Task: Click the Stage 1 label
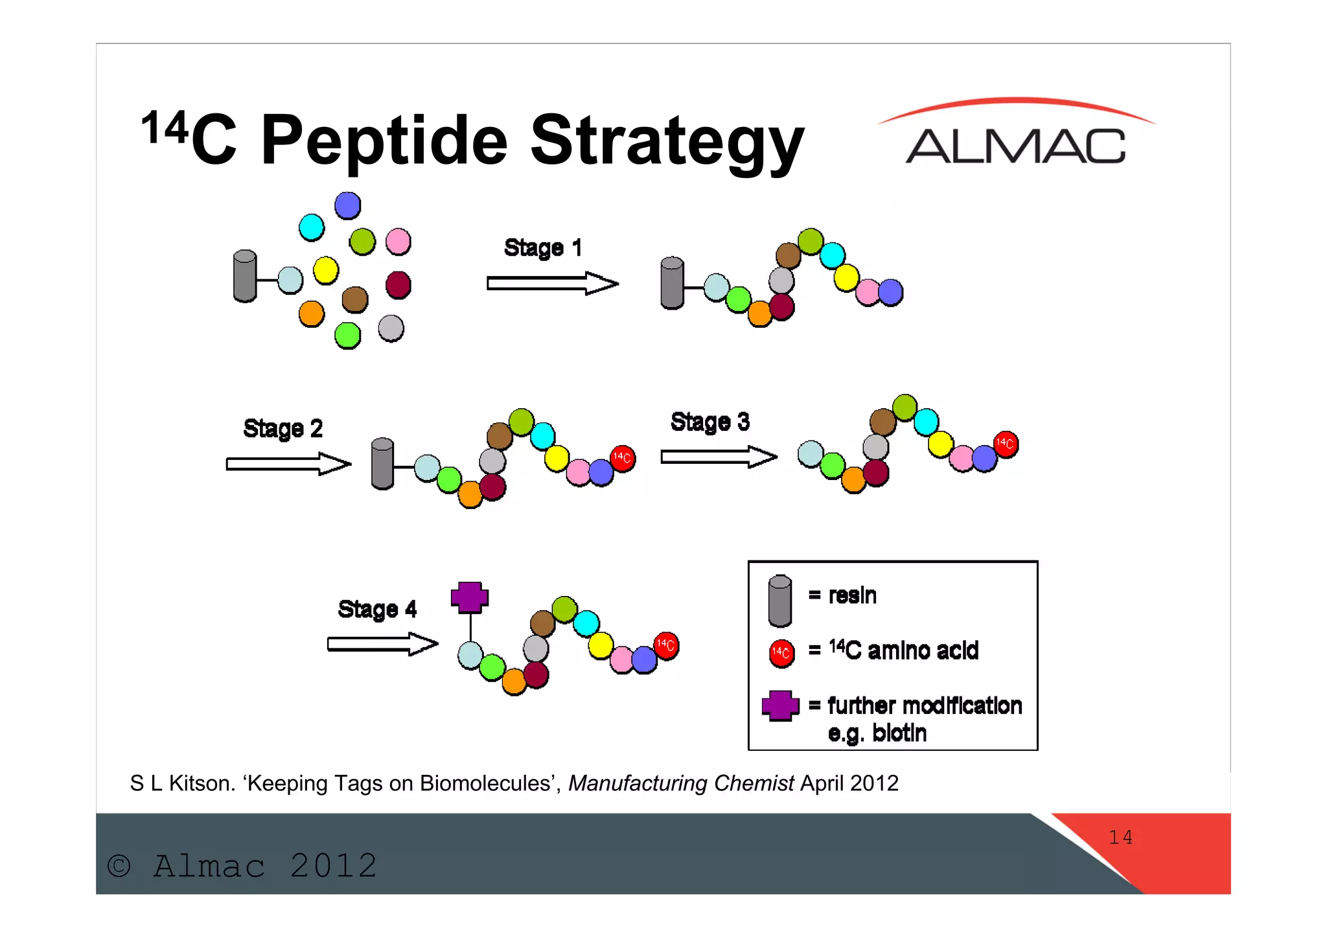pos(542,248)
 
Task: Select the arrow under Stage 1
pos(552,284)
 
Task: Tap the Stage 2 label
pos(283,429)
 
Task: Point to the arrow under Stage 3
pos(718,457)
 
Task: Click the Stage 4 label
pos(377,610)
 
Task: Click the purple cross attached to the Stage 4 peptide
pos(470,597)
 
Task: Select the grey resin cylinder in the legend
pos(779,601)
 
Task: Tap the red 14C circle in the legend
pos(781,653)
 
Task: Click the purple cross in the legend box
pos(780,705)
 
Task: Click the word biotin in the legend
pos(899,733)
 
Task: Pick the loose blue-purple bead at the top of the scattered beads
pos(347,206)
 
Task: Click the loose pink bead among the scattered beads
pos(398,242)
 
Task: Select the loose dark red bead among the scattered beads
pos(398,284)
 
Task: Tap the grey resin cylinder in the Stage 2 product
pos(382,464)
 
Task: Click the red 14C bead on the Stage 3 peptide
pos(1006,444)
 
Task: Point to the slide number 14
pos(1120,838)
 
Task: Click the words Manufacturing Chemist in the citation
pos(680,784)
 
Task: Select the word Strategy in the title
pos(667,141)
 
